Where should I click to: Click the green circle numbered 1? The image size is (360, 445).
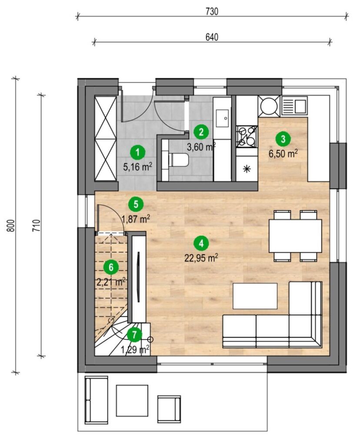(138, 153)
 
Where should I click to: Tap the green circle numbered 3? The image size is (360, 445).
(283, 139)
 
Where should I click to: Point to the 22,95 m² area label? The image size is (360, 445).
(201, 258)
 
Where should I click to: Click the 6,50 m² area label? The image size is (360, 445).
(283, 154)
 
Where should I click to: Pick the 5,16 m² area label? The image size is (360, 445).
(138, 167)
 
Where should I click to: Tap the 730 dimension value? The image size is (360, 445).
(212, 12)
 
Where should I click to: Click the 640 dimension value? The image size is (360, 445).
(212, 37)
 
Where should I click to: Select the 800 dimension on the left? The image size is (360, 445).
(10, 226)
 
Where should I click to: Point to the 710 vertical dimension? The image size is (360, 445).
(37, 226)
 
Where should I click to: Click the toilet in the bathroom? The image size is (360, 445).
(178, 160)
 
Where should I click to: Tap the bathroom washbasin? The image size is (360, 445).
(223, 118)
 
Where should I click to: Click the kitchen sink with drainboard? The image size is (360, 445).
(294, 105)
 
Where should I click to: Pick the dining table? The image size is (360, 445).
(295, 236)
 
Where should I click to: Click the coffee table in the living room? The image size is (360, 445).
(255, 296)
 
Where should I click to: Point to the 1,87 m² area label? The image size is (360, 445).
(136, 219)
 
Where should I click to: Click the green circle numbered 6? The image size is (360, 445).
(111, 267)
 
